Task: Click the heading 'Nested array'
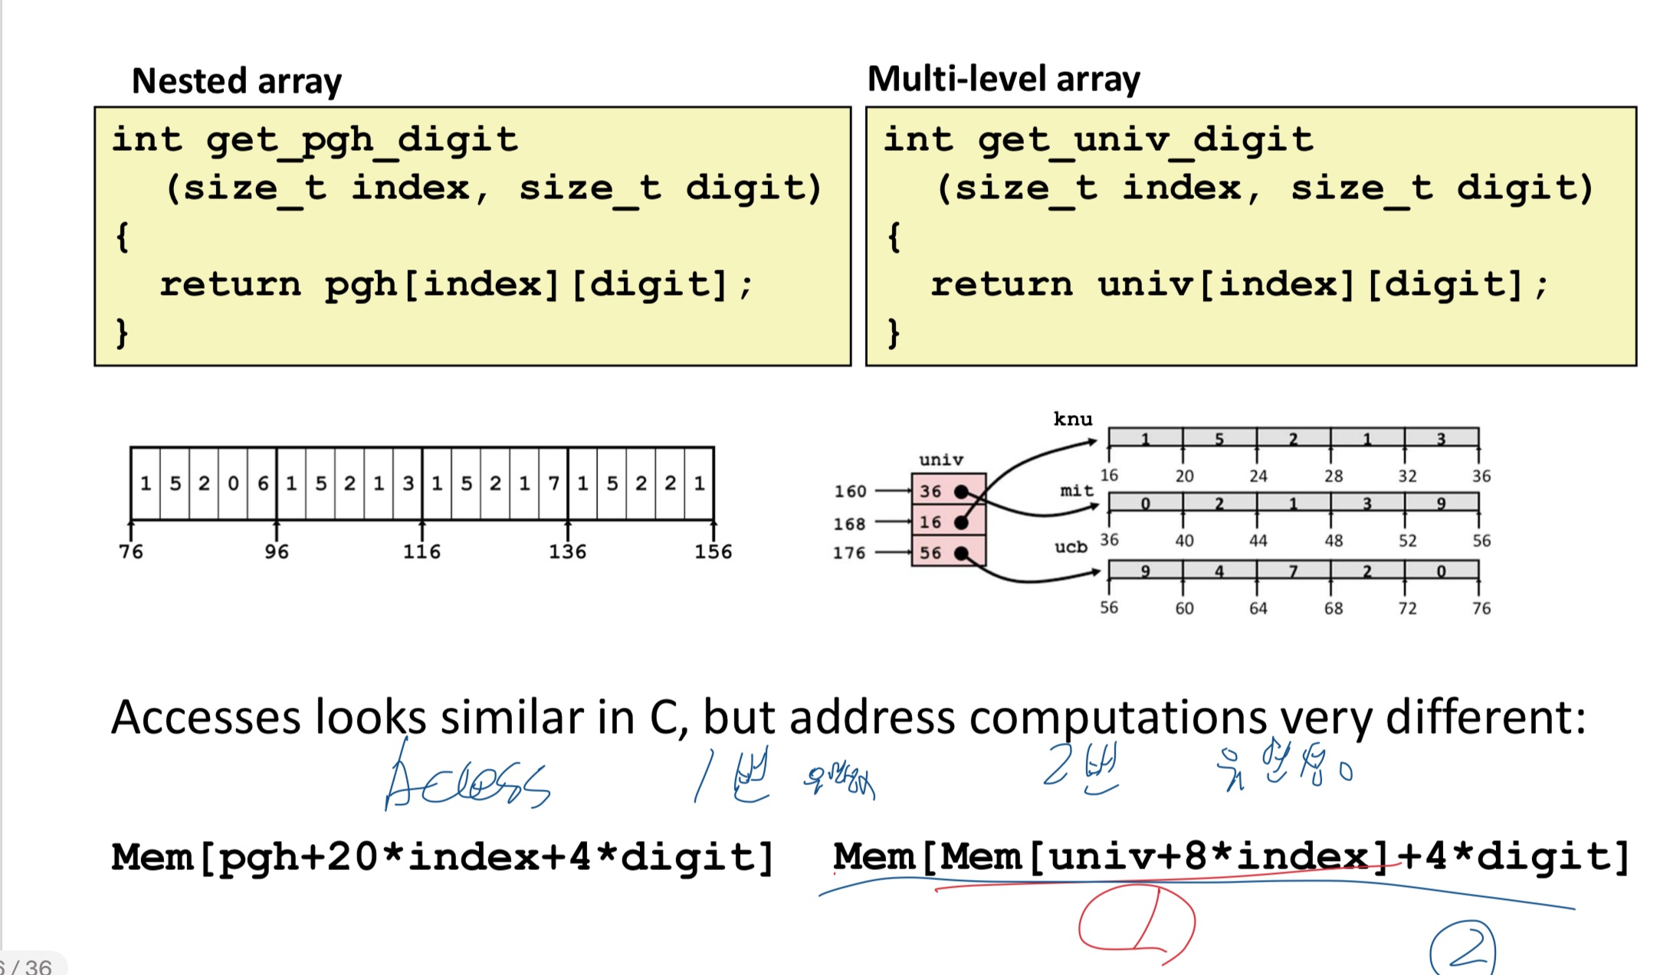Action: (236, 81)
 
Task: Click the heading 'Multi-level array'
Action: (1003, 79)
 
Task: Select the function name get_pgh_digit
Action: (362, 140)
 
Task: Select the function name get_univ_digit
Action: (1145, 140)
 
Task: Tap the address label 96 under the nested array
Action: (276, 551)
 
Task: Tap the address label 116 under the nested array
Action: (422, 551)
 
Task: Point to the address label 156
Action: (713, 551)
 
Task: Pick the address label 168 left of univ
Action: (849, 524)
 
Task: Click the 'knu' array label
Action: (1073, 419)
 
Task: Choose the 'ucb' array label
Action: (1071, 547)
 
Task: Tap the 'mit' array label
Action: (1076, 490)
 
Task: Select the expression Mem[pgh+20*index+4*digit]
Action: (442, 857)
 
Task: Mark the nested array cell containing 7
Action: (553, 483)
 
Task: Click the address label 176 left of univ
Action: (849, 553)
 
